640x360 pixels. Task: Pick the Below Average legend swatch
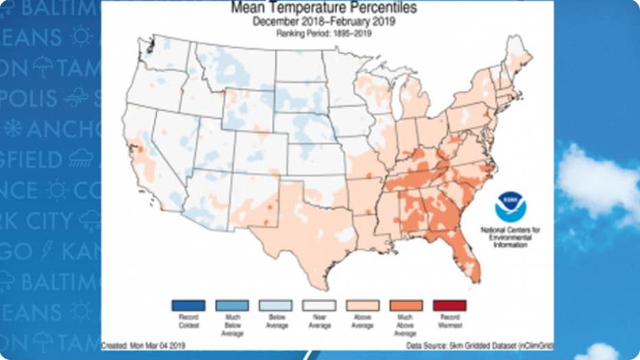(275, 305)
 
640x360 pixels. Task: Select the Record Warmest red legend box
(450, 305)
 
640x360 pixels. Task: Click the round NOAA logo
(510, 206)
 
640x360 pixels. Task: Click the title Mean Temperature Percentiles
(323, 8)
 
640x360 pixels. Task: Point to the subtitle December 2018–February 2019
(323, 22)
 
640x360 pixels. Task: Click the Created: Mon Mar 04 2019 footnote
(143, 346)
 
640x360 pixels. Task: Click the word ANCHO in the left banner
(62, 129)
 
